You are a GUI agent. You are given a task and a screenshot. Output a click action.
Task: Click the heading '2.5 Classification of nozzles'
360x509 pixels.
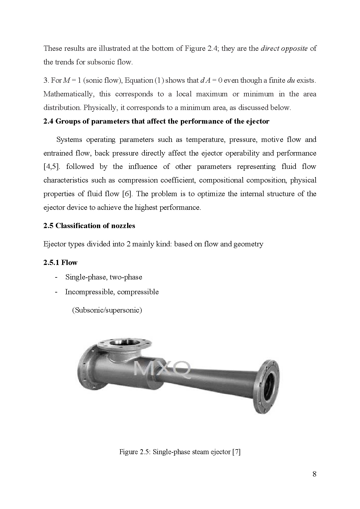click(89, 226)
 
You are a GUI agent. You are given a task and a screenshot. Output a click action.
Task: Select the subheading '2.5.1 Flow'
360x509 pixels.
click(60, 263)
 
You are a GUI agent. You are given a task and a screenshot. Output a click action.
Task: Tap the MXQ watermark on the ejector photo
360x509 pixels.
click(163, 370)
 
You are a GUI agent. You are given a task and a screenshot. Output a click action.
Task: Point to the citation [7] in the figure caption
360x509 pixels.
click(236, 452)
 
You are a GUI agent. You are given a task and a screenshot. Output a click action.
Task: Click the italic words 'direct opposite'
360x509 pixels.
click(284, 48)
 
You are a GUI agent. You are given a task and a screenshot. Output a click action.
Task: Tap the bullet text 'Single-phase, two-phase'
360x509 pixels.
click(104, 277)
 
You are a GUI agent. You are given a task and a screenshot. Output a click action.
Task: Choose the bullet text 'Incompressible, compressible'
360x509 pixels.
click(112, 292)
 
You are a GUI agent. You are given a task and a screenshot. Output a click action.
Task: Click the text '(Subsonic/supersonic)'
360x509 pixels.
click(107, 310)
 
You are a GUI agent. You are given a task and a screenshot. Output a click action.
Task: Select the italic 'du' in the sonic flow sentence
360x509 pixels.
click(291, 80)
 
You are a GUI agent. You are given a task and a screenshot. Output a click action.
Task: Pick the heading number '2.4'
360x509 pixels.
click(48, 121)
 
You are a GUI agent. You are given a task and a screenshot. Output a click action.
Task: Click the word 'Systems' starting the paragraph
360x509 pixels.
click(69, 140)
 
